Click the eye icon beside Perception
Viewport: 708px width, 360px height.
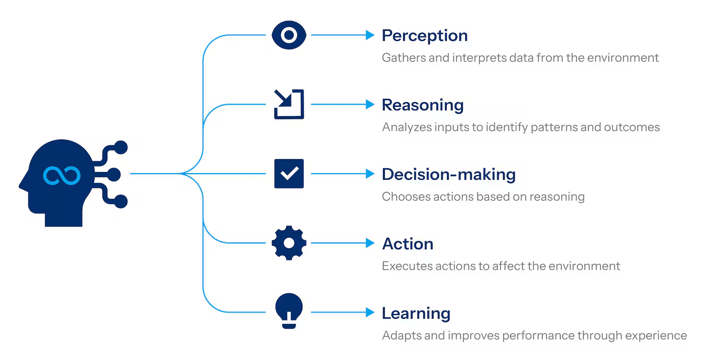289,35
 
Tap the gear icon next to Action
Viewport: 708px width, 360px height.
289,243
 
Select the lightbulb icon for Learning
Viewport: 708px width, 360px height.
289,311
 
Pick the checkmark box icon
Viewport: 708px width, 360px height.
289,174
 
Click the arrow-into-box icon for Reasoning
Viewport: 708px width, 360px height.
289,104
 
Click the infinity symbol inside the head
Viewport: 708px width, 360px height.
62,175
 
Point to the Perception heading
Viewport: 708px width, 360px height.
424,36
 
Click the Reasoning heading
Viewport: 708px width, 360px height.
423,106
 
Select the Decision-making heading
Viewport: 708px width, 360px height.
449,175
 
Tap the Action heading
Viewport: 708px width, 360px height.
407,244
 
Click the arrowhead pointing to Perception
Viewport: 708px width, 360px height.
370,35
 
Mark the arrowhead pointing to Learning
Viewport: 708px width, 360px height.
370,312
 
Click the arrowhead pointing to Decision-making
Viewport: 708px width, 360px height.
370,174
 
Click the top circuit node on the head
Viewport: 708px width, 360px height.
121,148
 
